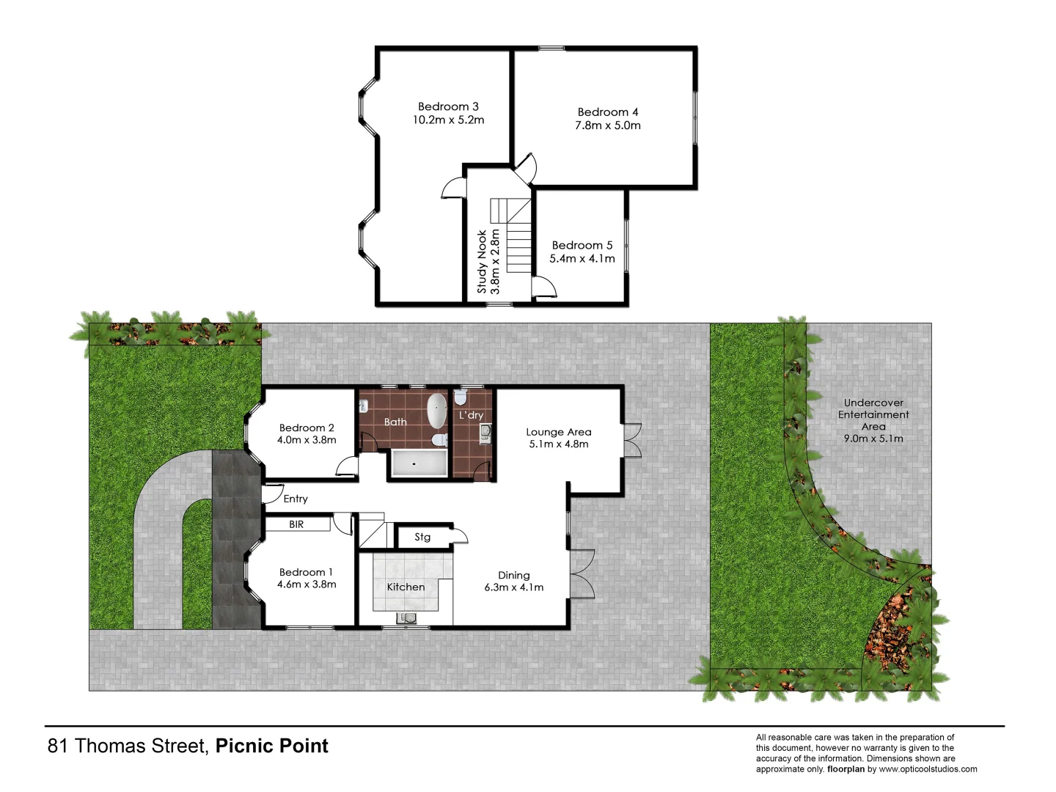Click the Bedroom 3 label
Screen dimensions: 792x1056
(x=448, y=107)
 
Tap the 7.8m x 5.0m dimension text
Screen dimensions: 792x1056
(x=607, y=125)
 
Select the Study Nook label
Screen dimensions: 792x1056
(x=482, y=262)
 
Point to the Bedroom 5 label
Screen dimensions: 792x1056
(x=582, y=246)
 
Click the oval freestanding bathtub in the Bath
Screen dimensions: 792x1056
(x=437, y=410)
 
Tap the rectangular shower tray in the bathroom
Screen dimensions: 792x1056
(x=419, y=463)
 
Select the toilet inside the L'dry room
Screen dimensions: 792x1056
(x=461, y=397)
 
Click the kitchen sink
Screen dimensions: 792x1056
(x=406, y=618)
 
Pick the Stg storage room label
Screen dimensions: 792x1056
(x=422, y=537)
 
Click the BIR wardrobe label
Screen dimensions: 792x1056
(x=296, y=524)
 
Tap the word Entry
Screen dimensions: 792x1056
(x=296, y=499)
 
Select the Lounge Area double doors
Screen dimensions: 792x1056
(x=632, y=441)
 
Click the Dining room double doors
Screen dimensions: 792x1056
(x=582, y=573)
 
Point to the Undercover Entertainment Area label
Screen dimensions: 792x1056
(x=873, y=415)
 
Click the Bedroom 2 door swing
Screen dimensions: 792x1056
(x=346, y=466)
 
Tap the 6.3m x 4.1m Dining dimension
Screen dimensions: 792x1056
(x=513, y=587)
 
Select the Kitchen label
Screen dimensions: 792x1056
(x=406, y=587)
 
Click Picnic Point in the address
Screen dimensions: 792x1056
(x=271, y=746)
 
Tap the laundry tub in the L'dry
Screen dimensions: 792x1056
(x=485, y=434)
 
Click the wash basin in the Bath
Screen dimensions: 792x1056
(x=364, y=406)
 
